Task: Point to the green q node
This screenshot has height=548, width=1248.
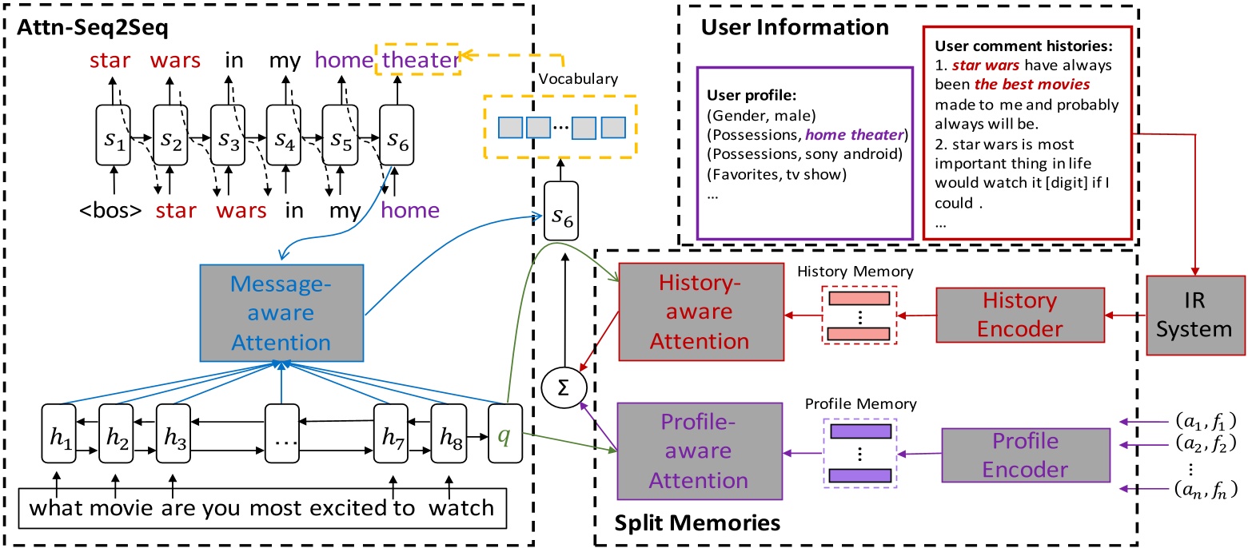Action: click(503, 436)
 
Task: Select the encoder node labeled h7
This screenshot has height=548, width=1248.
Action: click(391, 436)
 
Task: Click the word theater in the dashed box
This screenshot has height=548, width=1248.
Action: click(420, 59)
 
